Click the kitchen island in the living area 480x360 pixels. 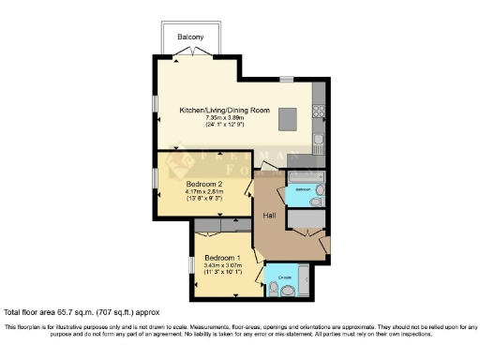[x=291, y=118]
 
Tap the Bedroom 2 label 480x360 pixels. [x=203, y=184]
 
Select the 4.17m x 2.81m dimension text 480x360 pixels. [x=203, y=191]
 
